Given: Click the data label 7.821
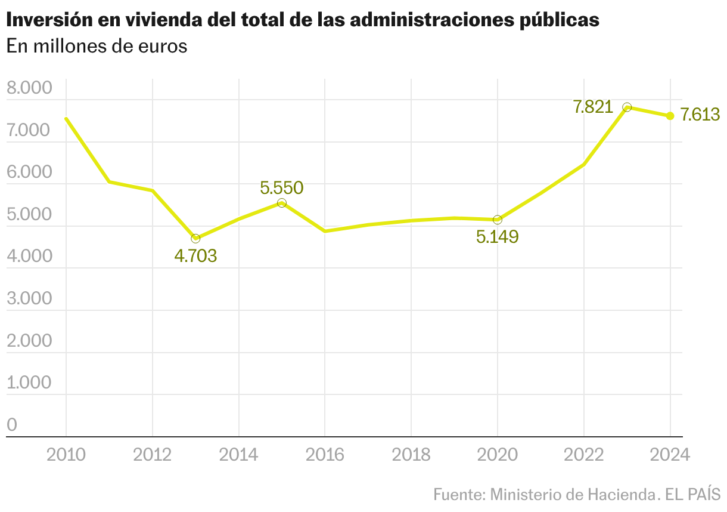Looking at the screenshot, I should (x=593, y=107).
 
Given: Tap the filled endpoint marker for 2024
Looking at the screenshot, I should (x=670, y=116).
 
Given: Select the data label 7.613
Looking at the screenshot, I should (x=700, y=115).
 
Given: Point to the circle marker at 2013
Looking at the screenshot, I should (x=195, y=239).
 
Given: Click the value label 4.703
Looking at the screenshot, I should (x=195, y=257).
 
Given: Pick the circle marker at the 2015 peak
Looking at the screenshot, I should (x=282, y=203).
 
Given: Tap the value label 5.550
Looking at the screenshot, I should (x=282, y=188).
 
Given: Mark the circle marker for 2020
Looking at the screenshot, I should (x=498, y=220).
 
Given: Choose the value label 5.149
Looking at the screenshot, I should (x=498, y=237).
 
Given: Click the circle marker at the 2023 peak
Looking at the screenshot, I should (x=627, y=107).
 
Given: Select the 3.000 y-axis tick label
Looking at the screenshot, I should (x=29, y=299).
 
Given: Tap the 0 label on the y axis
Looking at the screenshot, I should (x=12, y=425).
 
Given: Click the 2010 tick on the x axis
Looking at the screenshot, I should (x=66, y=455).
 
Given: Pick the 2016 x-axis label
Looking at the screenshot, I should (x=325, y=455).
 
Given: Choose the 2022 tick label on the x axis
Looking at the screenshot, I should (x=583, y=455).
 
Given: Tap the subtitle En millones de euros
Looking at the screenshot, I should (x=97, y=47).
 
